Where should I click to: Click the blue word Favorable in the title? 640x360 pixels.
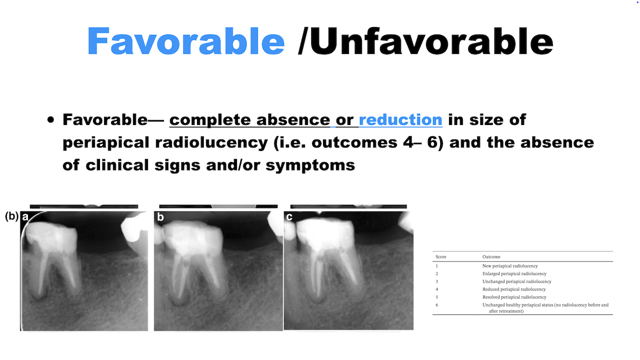(185, 41)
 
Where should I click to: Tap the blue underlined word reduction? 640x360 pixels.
(400, 119)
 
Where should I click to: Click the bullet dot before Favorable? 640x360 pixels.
(50, 119)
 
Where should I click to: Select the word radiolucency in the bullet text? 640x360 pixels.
(211, 142)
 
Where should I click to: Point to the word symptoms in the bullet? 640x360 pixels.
(310, 165)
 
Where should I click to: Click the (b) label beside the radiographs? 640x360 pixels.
(11, 216)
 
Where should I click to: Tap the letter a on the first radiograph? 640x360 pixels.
(25, 217)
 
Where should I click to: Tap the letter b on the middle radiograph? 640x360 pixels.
(160, 217)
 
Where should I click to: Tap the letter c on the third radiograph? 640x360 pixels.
(289, 217)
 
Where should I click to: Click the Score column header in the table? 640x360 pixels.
(440, 257)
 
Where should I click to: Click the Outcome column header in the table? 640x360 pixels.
(491, 257)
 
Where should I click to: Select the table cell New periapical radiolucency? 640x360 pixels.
(510, 266)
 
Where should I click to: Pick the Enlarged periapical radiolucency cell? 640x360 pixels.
(514, 273)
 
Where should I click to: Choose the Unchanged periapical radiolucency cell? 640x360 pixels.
(517, 281)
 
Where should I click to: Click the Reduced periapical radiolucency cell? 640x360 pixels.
(514, 289)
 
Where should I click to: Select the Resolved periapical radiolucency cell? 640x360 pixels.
(514, 297)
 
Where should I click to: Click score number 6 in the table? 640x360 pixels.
(437, 305)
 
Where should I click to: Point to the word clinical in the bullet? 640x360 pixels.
(117, 165)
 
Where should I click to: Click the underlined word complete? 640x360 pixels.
(210, 119)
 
